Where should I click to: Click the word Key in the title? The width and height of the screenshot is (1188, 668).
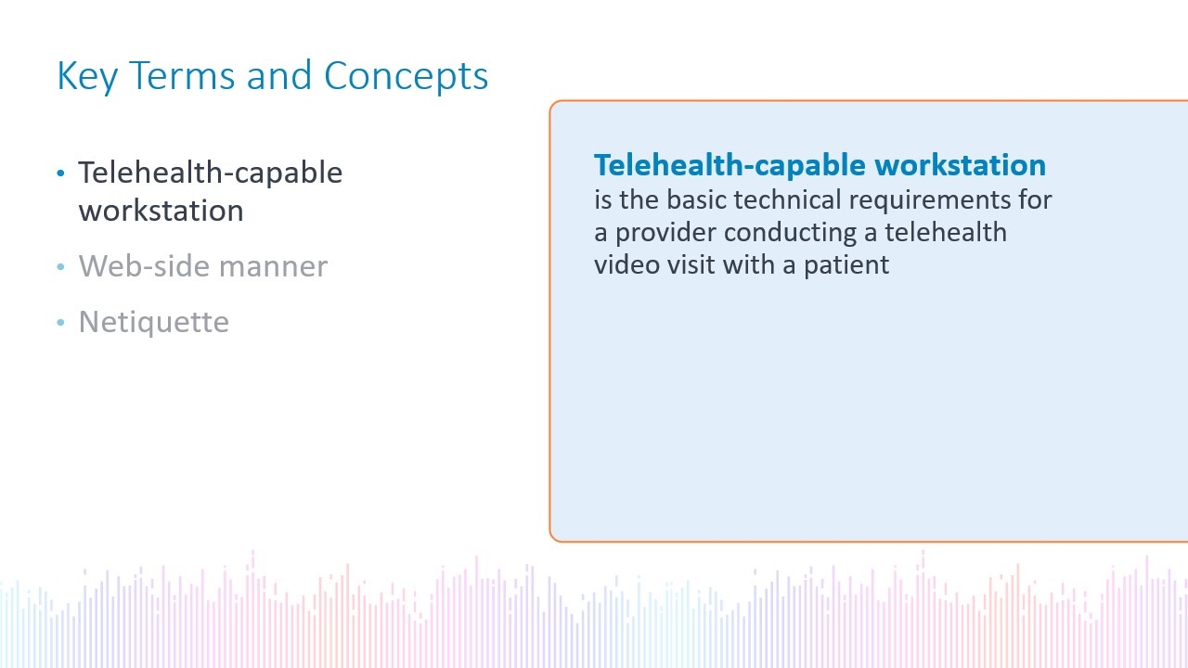pos(87,77)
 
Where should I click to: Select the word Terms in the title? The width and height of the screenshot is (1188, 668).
pos(182,75)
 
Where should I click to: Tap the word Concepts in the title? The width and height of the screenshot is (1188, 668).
pos(406,77)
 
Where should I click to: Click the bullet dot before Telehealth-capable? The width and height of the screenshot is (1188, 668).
pos(60,173)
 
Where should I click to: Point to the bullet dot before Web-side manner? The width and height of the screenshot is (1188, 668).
pos(60,266)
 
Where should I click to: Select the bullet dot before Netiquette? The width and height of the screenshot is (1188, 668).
pos(60,322)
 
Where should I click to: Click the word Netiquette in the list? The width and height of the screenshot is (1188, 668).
pos(154,322)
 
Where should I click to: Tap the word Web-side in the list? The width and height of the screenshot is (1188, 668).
pos(143,265)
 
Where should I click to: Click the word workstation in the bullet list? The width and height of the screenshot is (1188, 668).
pos(161,211)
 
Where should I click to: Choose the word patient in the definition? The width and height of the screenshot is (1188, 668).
pos(846,265)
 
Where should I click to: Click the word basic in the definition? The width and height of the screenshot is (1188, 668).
pos(696,199)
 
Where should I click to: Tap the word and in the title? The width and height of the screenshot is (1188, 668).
pos(279,75)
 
